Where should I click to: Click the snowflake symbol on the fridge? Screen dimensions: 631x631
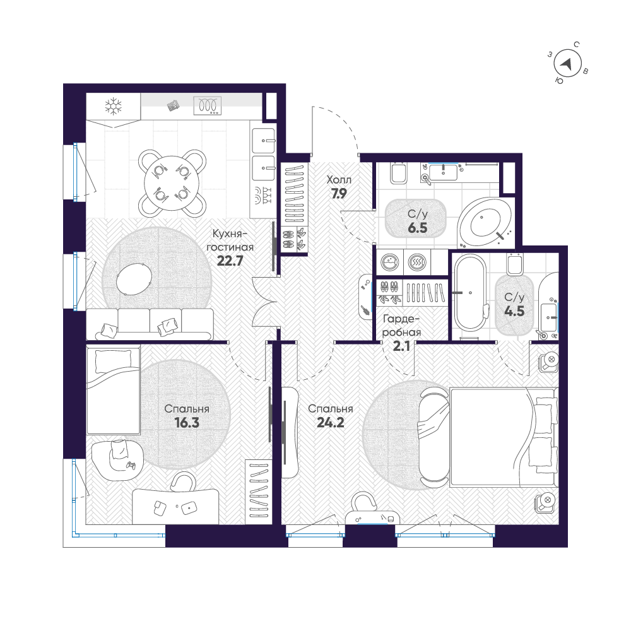click(113, 106)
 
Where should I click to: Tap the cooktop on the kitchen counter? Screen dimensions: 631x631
click(207, 105)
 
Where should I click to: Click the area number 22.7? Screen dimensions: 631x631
click(230, 261)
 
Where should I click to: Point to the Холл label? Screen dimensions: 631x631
click(339, 179)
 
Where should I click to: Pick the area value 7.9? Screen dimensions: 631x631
click(339, 194)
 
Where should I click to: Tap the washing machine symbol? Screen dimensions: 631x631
click(389, 262)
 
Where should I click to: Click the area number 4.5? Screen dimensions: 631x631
click(514, 311)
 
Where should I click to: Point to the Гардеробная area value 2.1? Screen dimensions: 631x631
click(401, 346)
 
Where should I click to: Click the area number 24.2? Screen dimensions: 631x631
click(331, 423)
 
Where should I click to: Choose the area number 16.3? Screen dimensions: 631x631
click(187, 423)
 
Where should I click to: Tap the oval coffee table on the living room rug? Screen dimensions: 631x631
click(134, 279)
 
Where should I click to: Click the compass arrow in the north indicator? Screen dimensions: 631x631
click(567, 64)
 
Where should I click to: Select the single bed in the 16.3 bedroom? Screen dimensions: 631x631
click(113, 390)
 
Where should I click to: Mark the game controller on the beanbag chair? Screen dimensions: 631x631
click(131, 466)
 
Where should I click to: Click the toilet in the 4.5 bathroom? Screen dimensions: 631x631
click(515, 264)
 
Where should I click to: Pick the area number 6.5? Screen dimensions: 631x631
click(417, 228)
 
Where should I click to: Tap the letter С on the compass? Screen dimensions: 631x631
click(576, 45)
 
